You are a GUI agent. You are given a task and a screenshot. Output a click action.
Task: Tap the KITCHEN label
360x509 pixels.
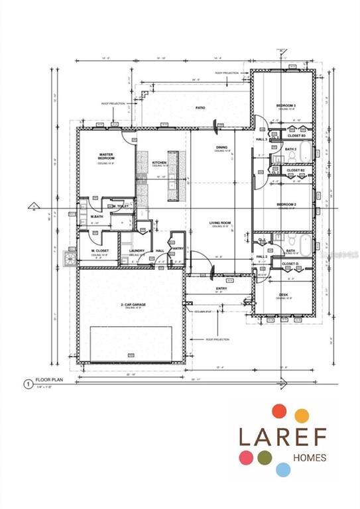(159, 162)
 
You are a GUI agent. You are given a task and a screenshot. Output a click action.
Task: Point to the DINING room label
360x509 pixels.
(221, 147)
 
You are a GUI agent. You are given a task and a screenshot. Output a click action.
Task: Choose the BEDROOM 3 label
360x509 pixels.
(285, 106)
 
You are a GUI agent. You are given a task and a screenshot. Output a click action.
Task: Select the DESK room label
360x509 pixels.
(283, 294)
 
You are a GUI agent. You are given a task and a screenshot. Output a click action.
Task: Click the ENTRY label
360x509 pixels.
(221, 288)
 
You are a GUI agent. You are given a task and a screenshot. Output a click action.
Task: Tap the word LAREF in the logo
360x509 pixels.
(281, 437)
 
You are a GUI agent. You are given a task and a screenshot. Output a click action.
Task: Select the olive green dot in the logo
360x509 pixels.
(265, 457)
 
